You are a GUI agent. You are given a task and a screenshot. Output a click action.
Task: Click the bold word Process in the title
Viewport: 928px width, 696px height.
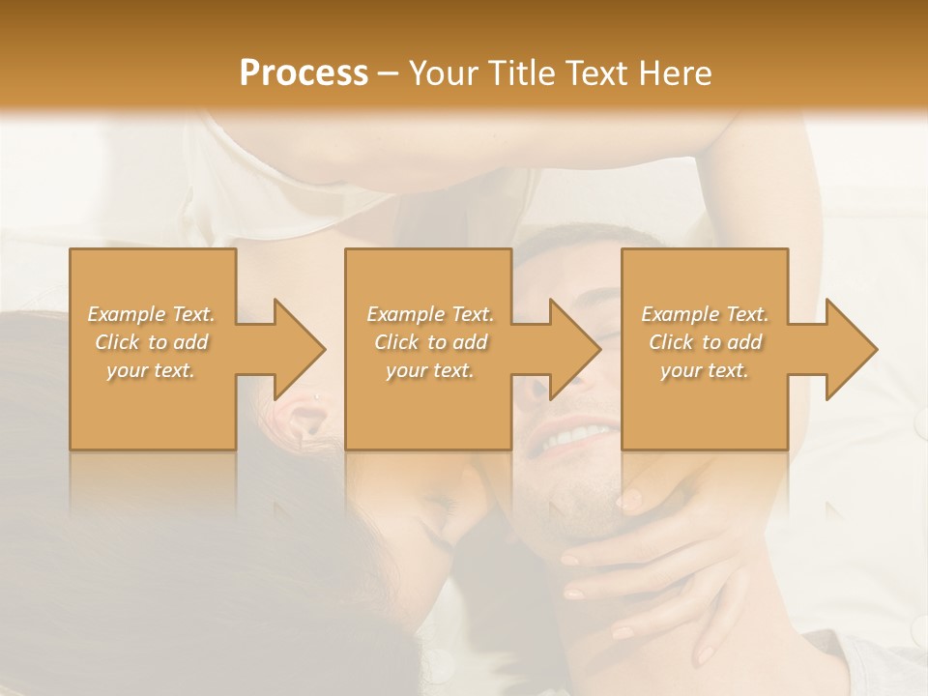pos(304,72)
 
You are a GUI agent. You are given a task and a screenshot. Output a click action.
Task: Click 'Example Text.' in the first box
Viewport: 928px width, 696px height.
pos(152,314)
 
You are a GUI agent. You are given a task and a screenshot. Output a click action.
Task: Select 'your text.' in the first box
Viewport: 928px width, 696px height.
pos(151,370)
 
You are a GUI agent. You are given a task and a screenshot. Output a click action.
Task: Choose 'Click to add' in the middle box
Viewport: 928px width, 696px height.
pos(430,342)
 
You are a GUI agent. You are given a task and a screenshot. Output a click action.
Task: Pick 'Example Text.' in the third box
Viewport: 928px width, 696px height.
pos(705,314)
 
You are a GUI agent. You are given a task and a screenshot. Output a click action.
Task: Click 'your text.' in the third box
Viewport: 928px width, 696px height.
pos(704,370)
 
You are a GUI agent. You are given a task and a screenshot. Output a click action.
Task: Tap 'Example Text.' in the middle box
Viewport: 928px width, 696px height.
pos(430,314)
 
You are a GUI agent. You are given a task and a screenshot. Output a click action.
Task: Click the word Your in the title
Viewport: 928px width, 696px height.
pos(444,72)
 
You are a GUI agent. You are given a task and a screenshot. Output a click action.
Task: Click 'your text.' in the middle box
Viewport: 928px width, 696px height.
pos(430,370)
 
